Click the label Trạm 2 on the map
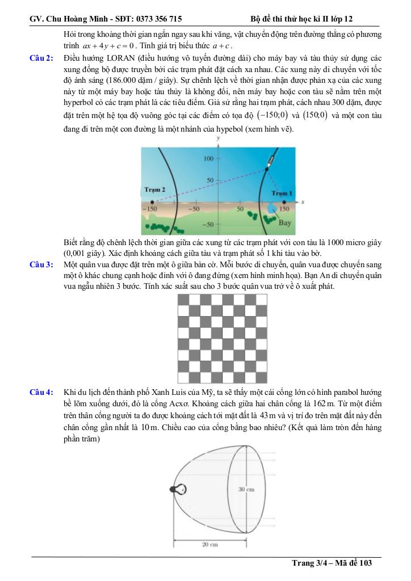[155, 190]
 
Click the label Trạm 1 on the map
[282, 193]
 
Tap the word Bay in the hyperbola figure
[286, 222]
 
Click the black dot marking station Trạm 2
[150, 201]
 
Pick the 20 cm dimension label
[210, 545]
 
